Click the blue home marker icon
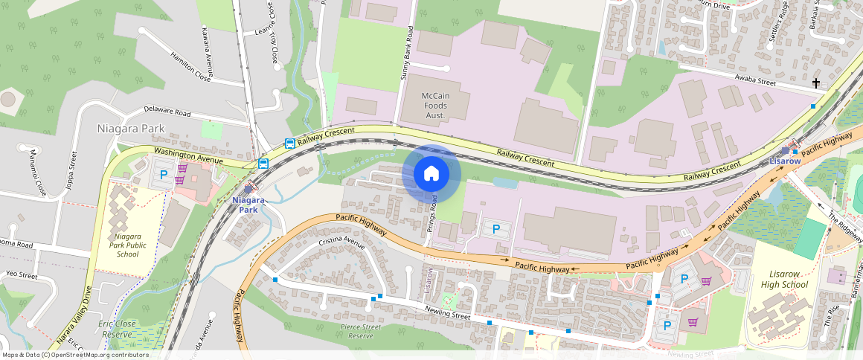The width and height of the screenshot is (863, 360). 431,174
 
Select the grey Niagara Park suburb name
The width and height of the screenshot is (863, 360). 131,129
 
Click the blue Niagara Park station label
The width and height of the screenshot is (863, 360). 248,205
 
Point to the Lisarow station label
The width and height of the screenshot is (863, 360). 785,161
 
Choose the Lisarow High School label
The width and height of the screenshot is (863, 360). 784,280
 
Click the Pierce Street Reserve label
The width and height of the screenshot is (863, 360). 361,331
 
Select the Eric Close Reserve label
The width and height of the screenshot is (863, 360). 118,329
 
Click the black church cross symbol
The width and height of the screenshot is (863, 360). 816,83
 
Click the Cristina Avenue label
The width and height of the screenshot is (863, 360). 341,243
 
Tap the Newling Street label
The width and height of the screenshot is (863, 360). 449,315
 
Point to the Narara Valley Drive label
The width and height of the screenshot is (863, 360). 73,316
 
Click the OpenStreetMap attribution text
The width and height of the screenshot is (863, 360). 74,355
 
